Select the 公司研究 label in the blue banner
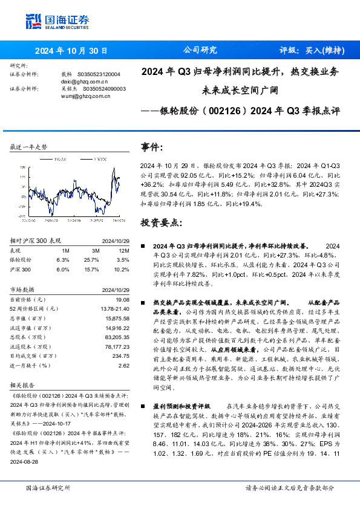[x=197, y=51]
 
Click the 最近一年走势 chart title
[x=28, y=147]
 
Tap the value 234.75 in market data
[x=121, y=357]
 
